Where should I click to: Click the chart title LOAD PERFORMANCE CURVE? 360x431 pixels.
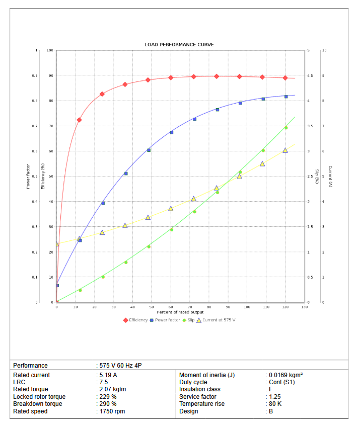point(179,45)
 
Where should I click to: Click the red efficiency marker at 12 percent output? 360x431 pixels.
point(79,120)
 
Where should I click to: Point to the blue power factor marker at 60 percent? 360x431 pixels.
point(171,132)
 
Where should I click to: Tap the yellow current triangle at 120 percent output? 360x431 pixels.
point(285,150)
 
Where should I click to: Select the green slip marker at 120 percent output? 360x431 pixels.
point(286,128)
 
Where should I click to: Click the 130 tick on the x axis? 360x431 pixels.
point(304,307)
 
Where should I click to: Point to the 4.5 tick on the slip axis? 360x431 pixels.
point(310,76)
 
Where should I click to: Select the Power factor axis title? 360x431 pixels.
point(28,176)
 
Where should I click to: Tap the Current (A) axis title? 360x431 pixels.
point(330,176)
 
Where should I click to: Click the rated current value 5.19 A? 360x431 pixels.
point(108,375)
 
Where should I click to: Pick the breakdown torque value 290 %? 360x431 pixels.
point(108,404)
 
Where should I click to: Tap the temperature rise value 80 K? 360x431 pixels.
point(274,404)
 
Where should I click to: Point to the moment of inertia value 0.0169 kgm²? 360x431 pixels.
point(285,375)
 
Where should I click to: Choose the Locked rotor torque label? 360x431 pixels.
point(39,397)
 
